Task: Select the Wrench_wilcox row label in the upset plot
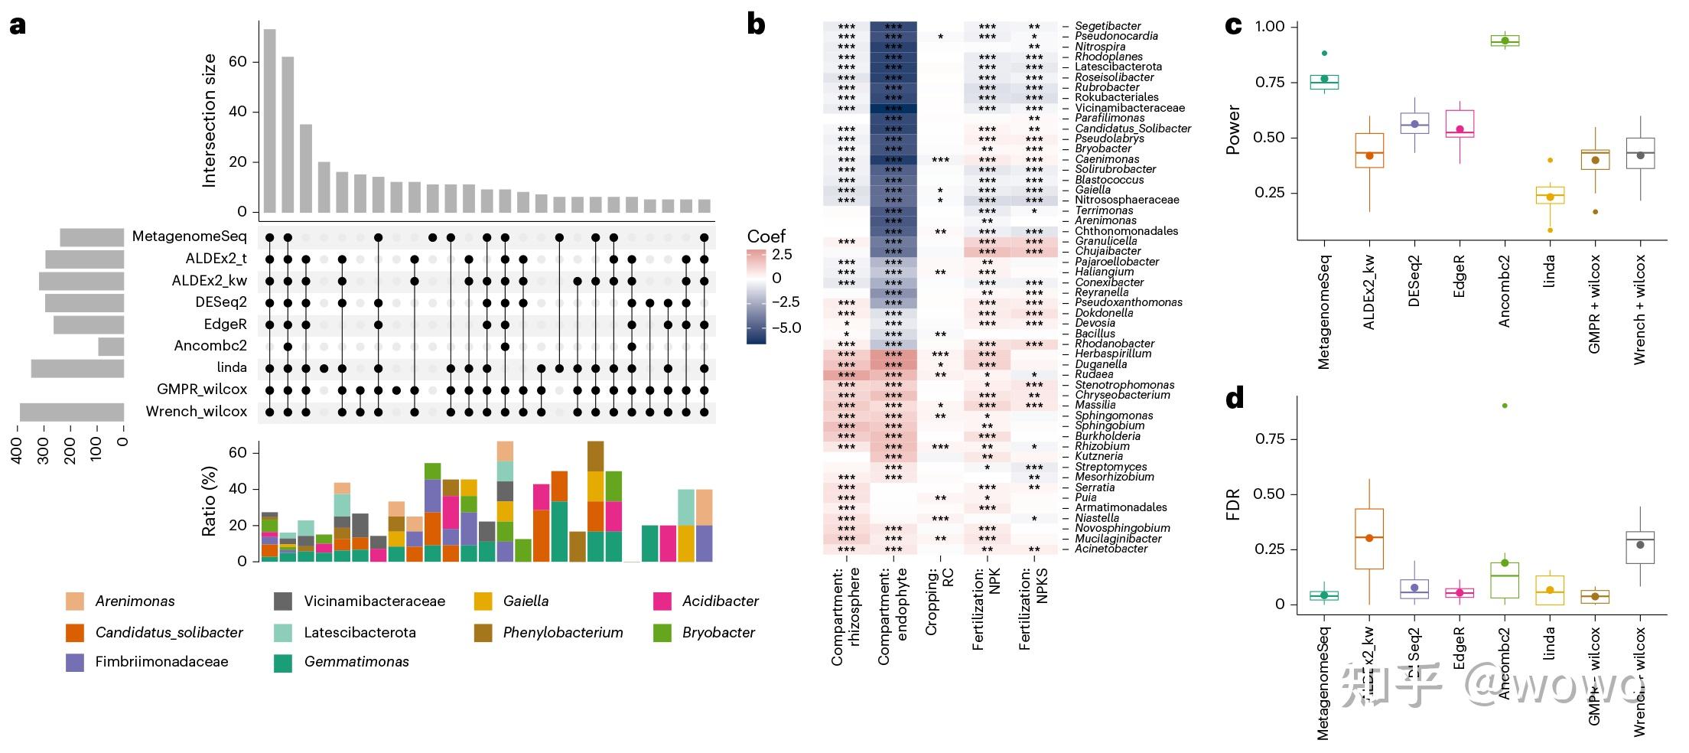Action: tap(197, 412)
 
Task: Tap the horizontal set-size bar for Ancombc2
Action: tap(111, 347)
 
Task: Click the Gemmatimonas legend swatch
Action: tap(283, 663)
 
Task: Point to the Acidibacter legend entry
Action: tap(719, 601)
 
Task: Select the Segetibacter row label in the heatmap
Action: tap(1108, 26)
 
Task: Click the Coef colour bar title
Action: tap(766, 236)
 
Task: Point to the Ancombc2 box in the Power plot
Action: tap(1505, 41)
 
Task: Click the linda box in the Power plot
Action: tap(1550, 195)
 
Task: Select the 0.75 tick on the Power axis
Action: tap(1270, 83)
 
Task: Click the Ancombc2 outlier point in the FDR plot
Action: tap(1505, 406)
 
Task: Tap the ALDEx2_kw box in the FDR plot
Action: tap(1369, 539)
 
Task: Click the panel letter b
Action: tap(756, 24)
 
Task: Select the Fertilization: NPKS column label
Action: tap(1033, 609)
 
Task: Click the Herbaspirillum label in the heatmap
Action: tap(1113, 354)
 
